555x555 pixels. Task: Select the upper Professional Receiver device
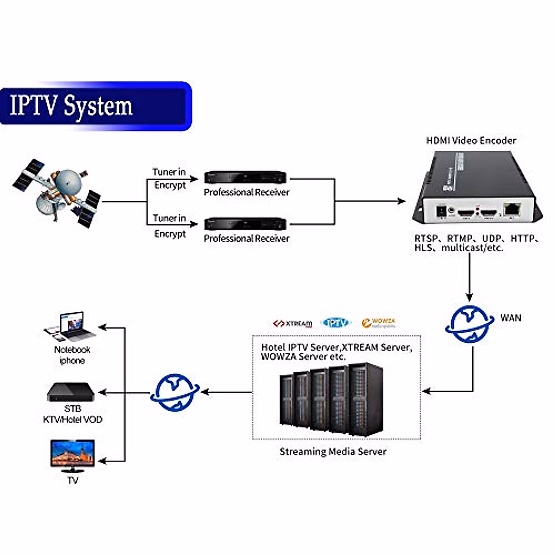coord(246,177)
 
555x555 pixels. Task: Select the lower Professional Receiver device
coord(246,224)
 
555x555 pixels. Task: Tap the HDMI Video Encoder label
coord(471,140)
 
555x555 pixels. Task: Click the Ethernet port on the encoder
coord(512,210)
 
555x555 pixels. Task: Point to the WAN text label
coord(511,318)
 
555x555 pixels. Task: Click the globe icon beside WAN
coord(469,324)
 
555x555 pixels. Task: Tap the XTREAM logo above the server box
coord(292,323)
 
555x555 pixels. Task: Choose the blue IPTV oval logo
coord(336,322)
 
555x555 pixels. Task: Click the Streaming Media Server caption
coord(333,451)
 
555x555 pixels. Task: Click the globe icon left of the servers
coord(175,393)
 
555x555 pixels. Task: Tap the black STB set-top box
coord(70,392)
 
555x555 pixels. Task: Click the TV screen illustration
coord(73,454)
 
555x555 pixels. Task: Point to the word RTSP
coord(426,239)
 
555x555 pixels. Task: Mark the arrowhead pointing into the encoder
coord(401,201)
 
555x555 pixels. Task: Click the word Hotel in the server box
coord(273,347)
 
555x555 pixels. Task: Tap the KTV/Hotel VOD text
coord(73,419)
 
